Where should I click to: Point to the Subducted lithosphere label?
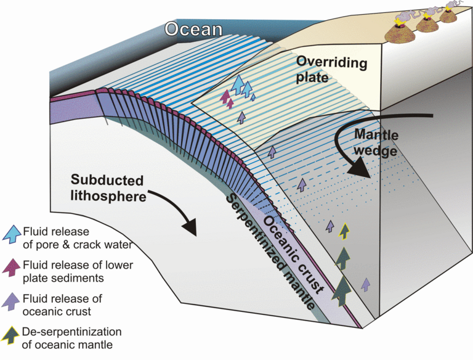(x=107, y=189)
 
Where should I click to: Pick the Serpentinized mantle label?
(x=270, y=253)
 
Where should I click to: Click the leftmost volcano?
(x=403, y=25)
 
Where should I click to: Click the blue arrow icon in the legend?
(x=12, y=235)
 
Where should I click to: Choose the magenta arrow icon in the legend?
(x=12, y=268)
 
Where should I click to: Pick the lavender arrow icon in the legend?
(x=12, y=302)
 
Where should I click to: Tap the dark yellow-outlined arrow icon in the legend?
(x=12, y=335)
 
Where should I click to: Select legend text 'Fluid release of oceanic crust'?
(x=63, y=305)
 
